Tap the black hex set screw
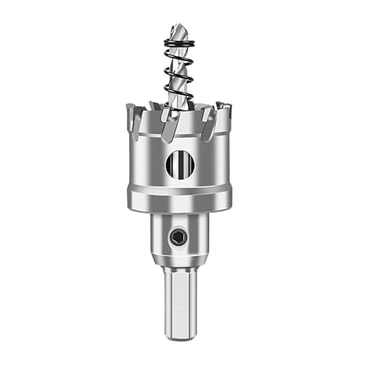click(x=177, y=238)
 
